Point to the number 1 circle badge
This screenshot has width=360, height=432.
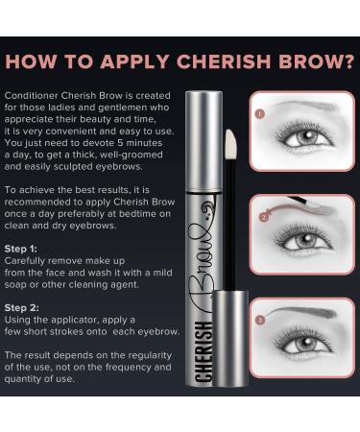point(259,112)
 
